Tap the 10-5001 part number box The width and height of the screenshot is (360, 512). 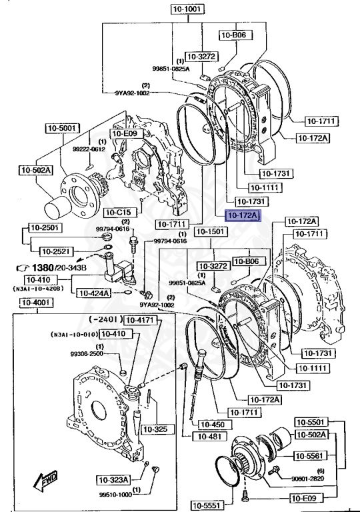click(x=63, y=127)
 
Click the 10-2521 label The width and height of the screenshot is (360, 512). click(x=57, y=251)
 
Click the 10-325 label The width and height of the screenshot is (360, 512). click(x=155, y=428)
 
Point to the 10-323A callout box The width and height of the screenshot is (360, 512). click(x=114, y=479)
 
